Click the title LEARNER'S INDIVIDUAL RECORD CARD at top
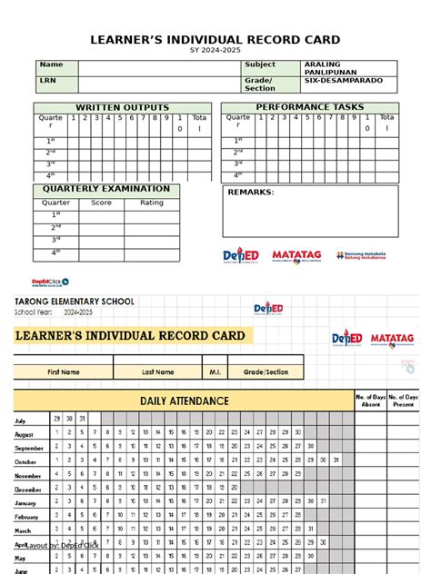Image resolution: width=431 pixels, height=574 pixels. click(215, 39)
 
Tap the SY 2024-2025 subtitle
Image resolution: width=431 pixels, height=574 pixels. click(215, 51)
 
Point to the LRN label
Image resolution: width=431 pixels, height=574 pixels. click(47, 81)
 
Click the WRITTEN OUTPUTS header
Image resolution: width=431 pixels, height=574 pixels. click(122, 108)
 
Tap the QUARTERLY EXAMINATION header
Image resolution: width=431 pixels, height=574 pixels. click(106, 189)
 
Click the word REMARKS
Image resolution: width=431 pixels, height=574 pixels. click(250, 193)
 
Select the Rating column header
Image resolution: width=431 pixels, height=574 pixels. click(151, 203)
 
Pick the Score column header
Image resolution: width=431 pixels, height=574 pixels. click(101, 203)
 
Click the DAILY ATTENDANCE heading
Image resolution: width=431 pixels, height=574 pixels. click(184, 401)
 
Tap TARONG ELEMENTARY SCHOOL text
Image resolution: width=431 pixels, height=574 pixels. click(74, 301)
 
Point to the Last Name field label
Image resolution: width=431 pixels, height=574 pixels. click(158, 371)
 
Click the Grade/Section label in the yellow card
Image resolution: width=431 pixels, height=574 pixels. click(266, 371)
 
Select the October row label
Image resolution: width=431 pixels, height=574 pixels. click(26, 461)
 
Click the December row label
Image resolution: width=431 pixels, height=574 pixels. click(28, 490)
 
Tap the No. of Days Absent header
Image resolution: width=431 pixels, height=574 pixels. click(372, 401)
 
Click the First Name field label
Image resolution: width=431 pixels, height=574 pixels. click(64, 371)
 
